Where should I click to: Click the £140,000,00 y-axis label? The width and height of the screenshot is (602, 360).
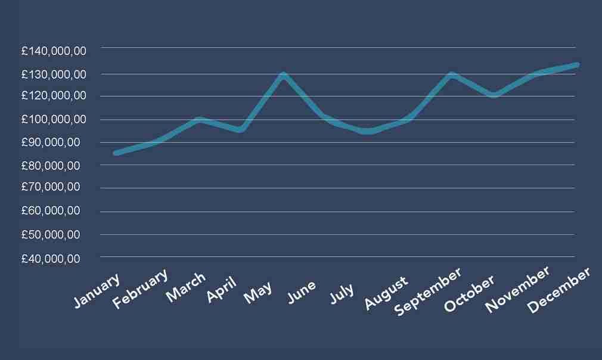(x=54, y=51)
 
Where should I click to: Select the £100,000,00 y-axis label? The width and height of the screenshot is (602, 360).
(x=54, y=119)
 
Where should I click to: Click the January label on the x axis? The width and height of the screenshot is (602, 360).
(x=97, y=291)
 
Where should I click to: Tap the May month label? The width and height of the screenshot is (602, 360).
(x=259, y=291)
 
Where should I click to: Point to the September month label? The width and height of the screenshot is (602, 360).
(x=429, y=291)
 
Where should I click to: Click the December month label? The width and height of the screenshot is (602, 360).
(x=560, y=290)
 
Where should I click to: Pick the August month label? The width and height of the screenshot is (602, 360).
(x=387, y=292)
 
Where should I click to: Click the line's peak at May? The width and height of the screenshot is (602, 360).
(x=283, y=75)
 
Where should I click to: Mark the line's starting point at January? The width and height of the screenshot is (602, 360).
(x=116, y=153)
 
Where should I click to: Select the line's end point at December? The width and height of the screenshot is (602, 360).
(x=576, y=64)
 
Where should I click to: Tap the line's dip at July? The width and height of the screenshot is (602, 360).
(x=368, y=131)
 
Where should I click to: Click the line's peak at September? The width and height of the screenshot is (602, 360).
(x=452, y=75)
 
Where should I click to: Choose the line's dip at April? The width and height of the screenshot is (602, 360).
(x=240, y=129)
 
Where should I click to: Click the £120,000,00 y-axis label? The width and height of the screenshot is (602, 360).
(x=54, y=95)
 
